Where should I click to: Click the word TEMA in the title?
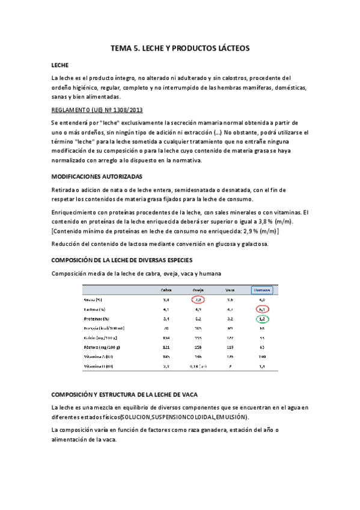[123, 47]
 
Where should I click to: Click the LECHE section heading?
[60, 64]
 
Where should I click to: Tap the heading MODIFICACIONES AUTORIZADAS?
[97, 177]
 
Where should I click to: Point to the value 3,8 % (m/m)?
[272, 221]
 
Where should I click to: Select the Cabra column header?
[166, 289]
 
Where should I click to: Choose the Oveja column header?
[198, 289]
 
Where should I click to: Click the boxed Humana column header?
[262, 289]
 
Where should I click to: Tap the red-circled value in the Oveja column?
[198, 299]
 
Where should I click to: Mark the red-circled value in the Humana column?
[262, 309]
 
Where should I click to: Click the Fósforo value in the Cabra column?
[166, 348]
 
